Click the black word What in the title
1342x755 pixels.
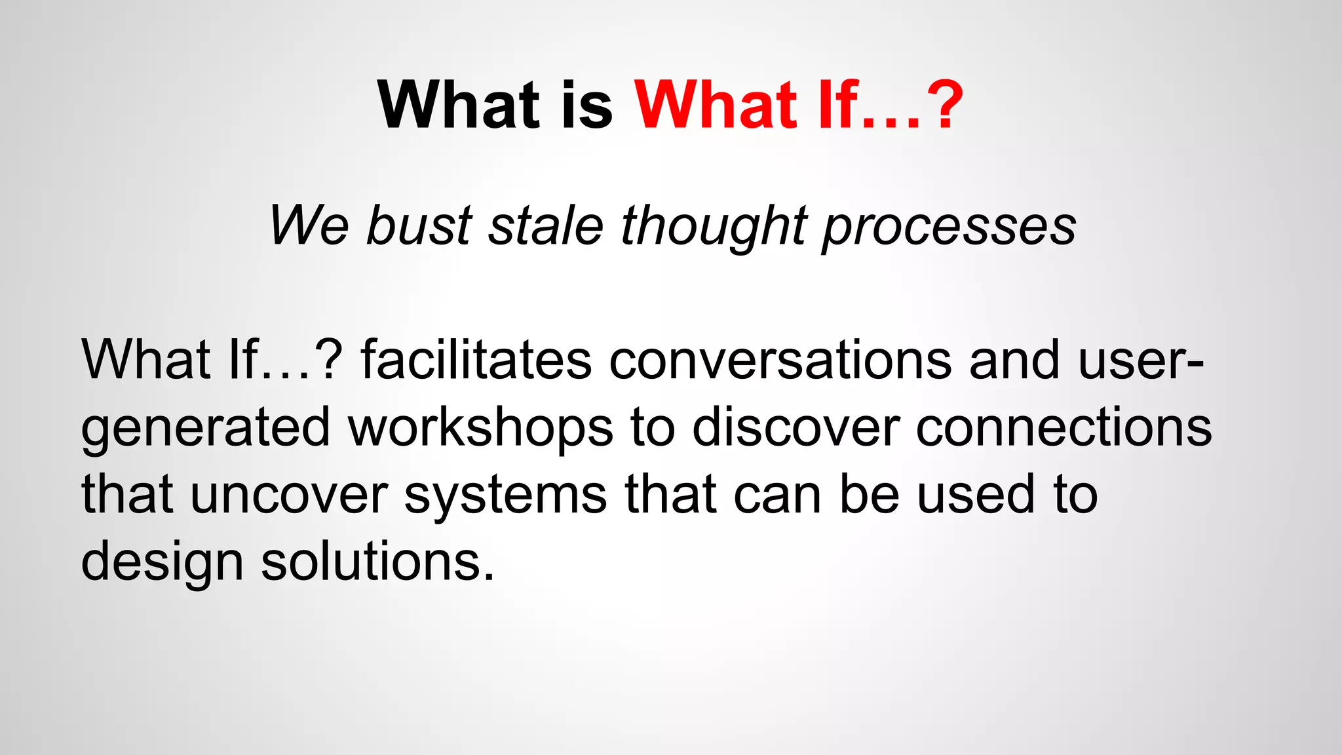click(459, 105)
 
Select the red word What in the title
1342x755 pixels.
click(716, 105)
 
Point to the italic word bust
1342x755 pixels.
click(419, 225)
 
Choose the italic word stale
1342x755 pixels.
click(545, 225)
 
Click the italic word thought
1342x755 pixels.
click(714, 225)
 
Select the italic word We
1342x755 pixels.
click(309, 225)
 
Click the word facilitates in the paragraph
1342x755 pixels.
click(476, 360)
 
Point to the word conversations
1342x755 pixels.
click(780, 360)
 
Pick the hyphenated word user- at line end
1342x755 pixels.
click(1140, 360)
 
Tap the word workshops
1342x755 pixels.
click(480, 427)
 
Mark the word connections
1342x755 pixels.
click(1063, 427)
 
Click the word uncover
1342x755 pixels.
click(289, 495)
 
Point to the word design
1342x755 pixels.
click(162, 562)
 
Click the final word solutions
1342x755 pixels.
click(377, 562)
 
